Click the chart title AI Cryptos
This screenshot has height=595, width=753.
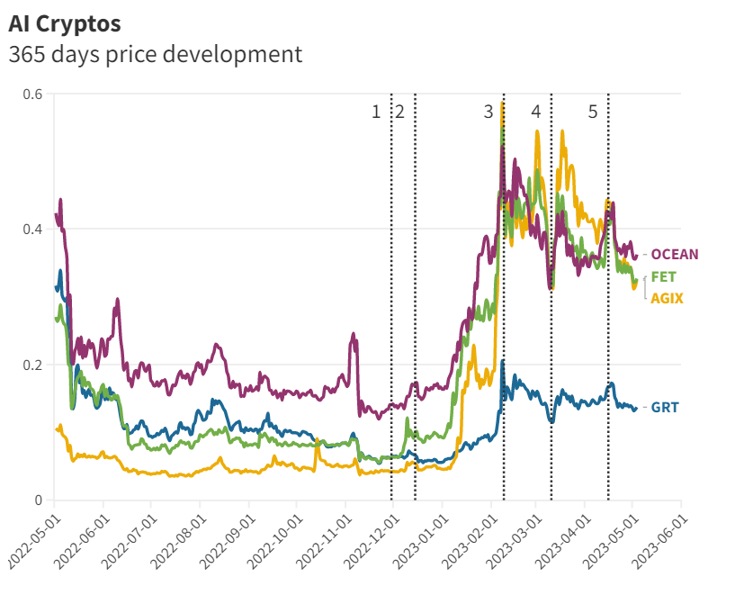[65, 22]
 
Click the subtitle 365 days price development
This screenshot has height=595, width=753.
[155, 54]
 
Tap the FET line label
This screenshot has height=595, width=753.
[664, 276]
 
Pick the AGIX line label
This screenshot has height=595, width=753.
[667, 298]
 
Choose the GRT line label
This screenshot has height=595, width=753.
[665, 408]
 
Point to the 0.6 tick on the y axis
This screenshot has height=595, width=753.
[32, 94]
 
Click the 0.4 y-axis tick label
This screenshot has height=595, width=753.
[32, 230]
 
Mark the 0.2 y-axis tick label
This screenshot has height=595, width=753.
[32, 365]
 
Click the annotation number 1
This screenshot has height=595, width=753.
[376, 112]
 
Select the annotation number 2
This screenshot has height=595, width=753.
[399, 112]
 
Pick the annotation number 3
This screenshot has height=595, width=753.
[489, 112]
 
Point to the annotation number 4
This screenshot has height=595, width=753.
[535, 112]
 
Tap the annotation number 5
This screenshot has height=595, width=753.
[592, 112]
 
